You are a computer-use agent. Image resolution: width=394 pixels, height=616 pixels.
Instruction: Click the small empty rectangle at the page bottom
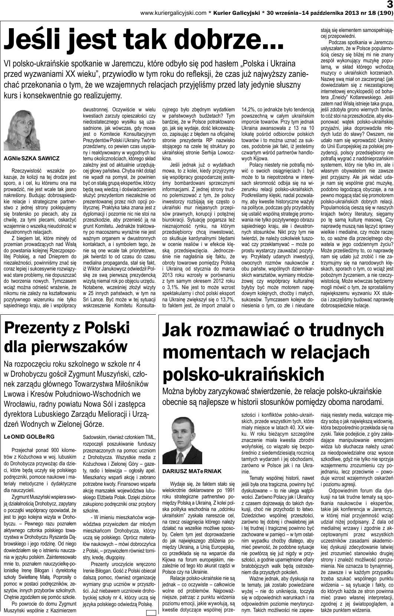151,613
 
